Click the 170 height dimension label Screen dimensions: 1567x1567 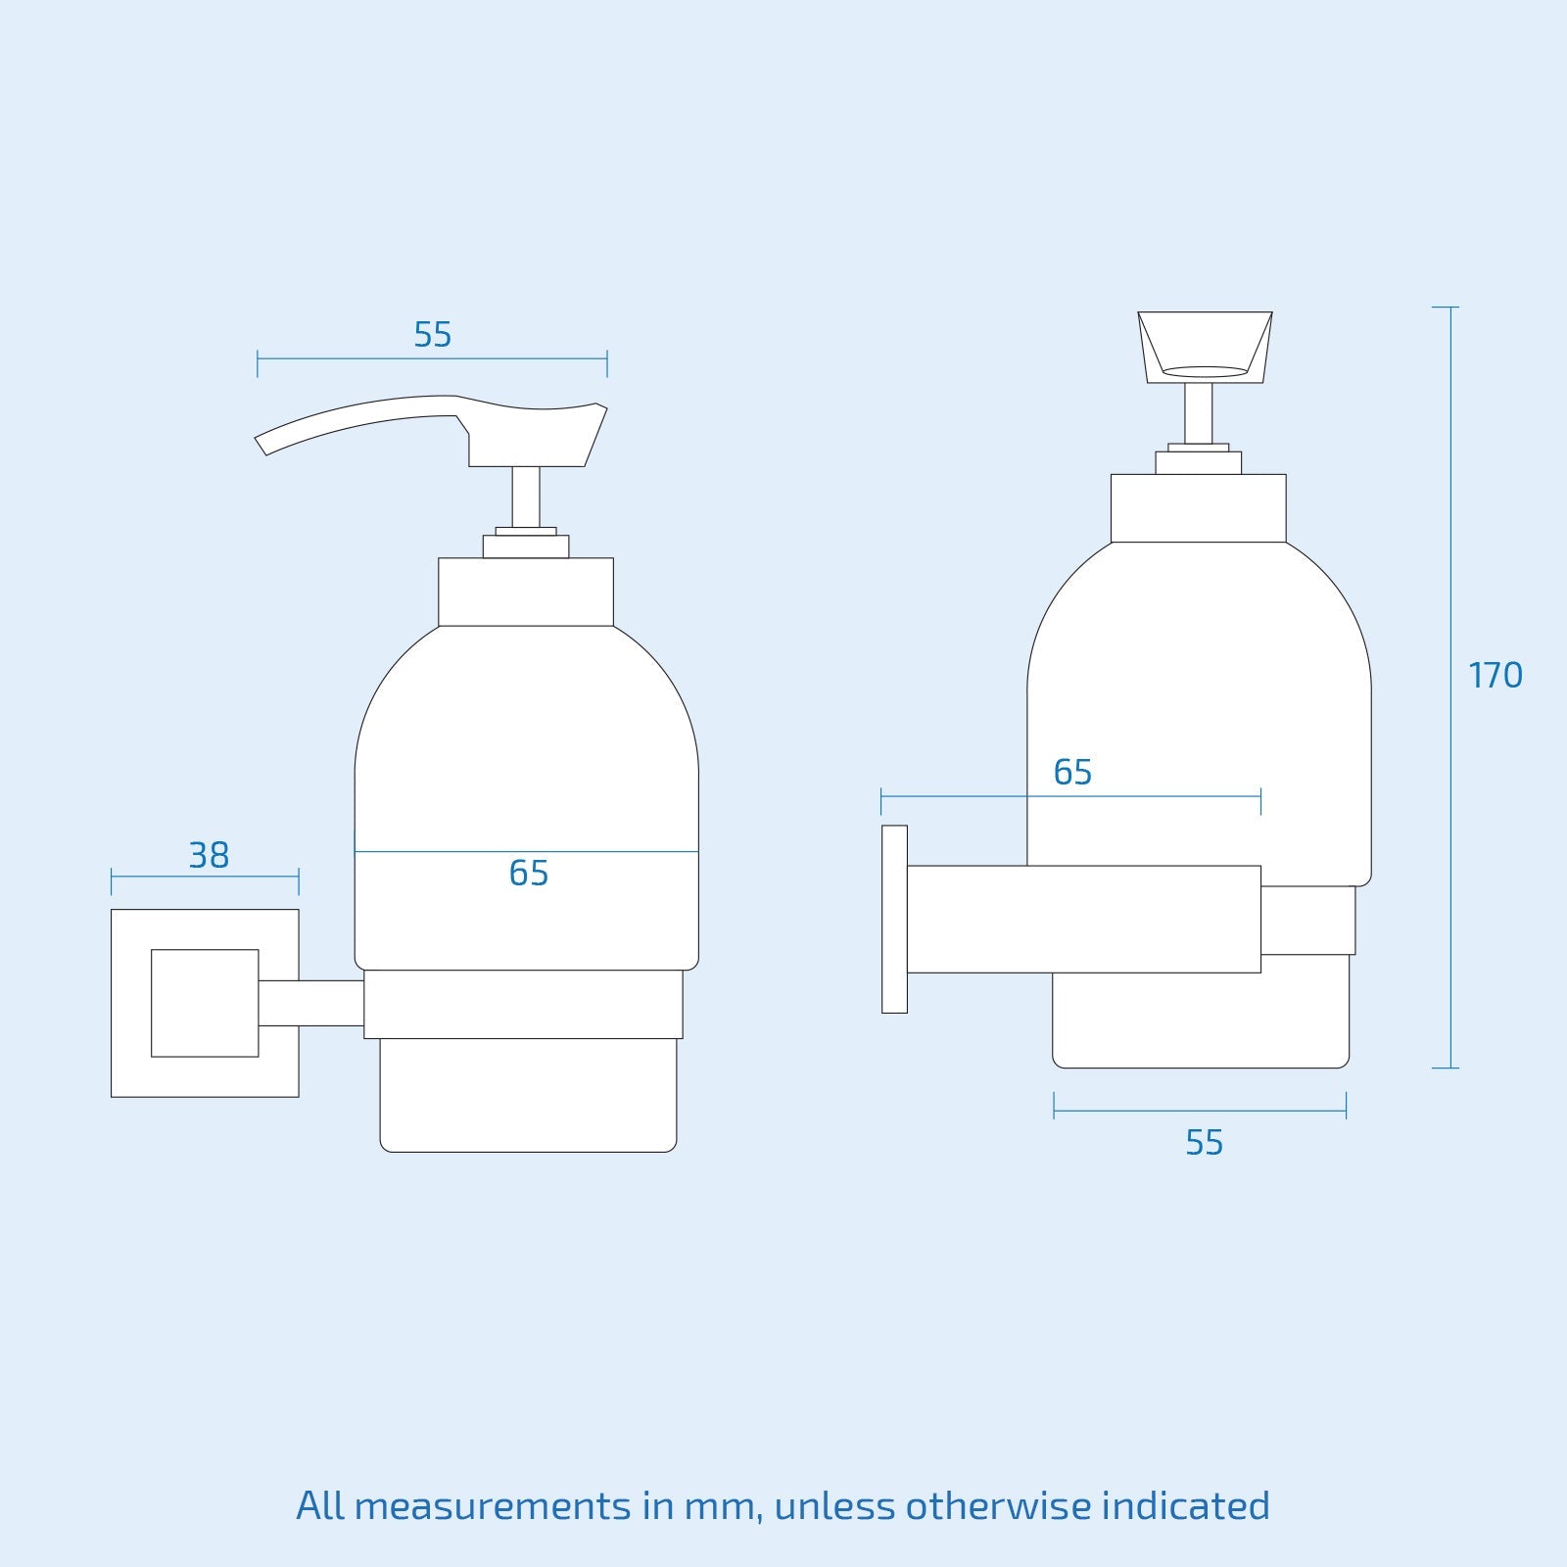click(x=1495, y=676)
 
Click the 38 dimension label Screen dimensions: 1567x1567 click(x=209, y=856)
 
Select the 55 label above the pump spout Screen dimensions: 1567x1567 click(x=432, y=335)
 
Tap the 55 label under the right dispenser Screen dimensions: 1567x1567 click(x=1204, y=1143)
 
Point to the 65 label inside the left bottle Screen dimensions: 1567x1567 click(x=529, y=874)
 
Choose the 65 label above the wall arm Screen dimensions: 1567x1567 click(x=1072, y=773)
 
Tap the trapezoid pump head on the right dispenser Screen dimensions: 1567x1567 click(x=1205, y=345)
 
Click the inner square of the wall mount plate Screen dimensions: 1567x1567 click(x=205, y=1003)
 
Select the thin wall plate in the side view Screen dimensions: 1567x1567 click(x=894, y=919)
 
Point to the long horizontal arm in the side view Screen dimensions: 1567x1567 click(x=1083, y=919)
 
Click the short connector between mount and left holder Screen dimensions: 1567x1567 click(x=311, y=1003)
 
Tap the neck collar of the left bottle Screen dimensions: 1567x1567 click(x=526, y=592)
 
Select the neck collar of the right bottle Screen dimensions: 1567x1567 click(x=1198, y=508)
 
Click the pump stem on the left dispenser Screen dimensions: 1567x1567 click(x=526, y=497)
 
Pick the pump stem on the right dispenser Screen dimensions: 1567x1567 click(x=1198, y=413)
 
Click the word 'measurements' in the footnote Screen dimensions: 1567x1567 click(x=492, y=1506)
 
